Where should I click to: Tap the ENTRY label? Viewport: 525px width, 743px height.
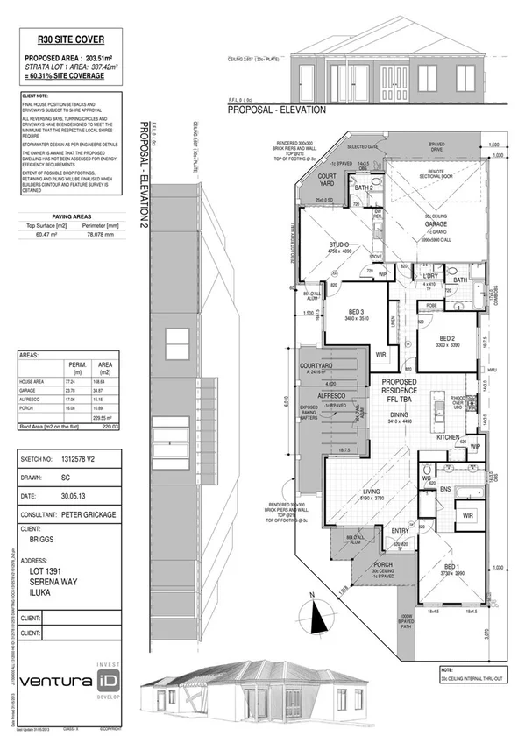pos(400,530)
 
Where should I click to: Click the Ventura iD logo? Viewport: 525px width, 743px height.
pos(72,679)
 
